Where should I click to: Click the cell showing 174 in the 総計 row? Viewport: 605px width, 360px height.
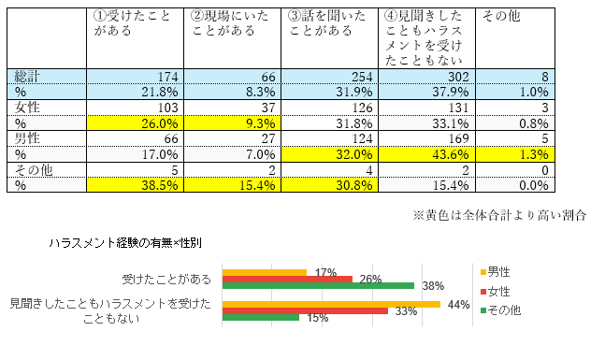tap(135, 77)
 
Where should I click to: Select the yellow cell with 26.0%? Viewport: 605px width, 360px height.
tap(135, 123)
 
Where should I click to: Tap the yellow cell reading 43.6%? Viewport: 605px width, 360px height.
tap(426, 154)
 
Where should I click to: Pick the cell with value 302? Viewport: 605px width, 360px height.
tap(426, 77)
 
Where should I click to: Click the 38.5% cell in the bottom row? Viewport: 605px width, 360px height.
tap(135, 185)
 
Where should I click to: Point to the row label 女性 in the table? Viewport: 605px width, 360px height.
tap(27, 108)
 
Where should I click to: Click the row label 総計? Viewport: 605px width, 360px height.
tap(27, 77)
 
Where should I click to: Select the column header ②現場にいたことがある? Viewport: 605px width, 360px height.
tap(229, 23)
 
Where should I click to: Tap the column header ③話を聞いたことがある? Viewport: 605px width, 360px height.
tap(326, 23)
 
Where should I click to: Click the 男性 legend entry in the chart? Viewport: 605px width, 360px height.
tap(496, 272)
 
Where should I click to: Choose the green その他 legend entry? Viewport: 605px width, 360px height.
tap(501, 310)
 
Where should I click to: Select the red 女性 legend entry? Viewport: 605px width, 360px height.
tap(496, 292)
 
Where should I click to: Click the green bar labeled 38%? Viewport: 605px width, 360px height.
tap(318, 285)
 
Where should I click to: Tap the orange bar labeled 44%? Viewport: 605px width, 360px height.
tap(331, 305)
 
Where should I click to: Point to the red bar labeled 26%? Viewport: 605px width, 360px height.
tap(287, 279)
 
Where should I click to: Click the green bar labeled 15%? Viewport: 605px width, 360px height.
tap(261, 317)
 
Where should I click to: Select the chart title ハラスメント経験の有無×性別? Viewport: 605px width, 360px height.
tap(125, 243)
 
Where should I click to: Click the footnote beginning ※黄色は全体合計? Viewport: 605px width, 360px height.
tap(499, 215)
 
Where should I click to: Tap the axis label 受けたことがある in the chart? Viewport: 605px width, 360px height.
tap(166, 279)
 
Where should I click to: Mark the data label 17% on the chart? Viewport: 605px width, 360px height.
tap(325, 273)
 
